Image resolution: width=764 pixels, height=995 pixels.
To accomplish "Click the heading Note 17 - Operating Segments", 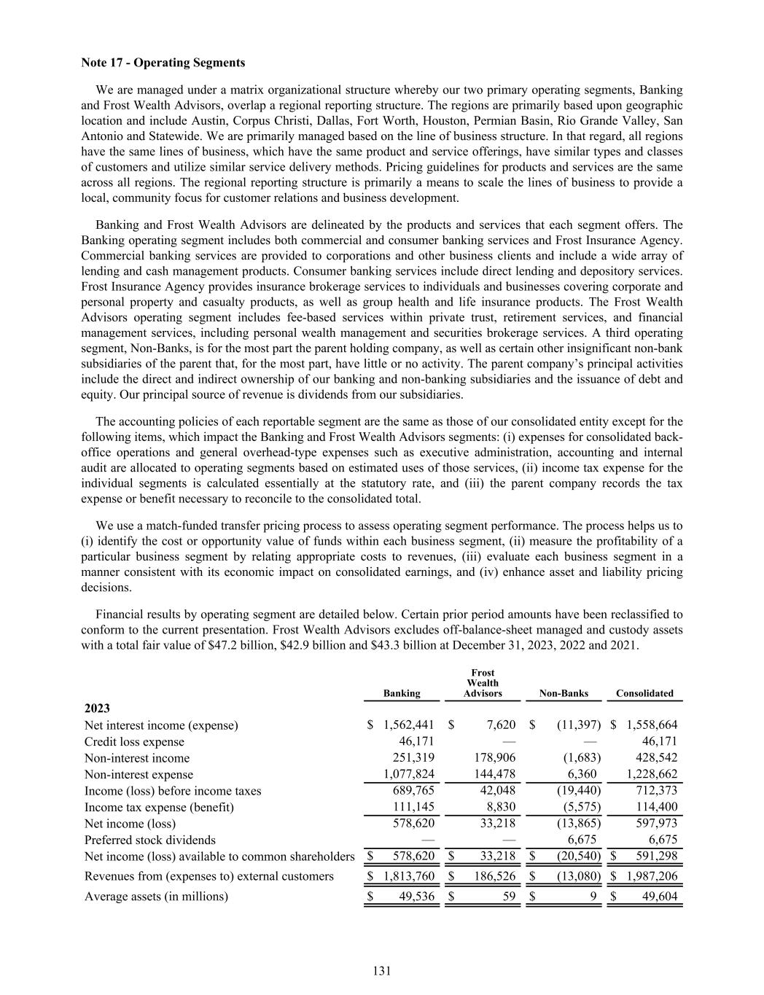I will tap(163, 62).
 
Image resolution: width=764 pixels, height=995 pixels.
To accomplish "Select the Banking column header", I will tap(402, 693).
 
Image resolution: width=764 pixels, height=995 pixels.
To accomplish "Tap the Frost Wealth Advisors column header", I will tap(483, 683).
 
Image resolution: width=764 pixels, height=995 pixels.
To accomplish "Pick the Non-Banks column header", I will tap(564, 693).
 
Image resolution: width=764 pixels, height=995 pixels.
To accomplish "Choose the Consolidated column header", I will tap(644, 693).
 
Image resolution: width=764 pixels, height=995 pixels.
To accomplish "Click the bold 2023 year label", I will tap(98, 708).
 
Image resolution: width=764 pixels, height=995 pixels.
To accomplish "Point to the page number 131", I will tap(382, 970).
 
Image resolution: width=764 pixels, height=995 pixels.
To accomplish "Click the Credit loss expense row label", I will tap(134, 741).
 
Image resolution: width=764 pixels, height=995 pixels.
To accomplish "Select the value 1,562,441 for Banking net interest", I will tap(408, 725).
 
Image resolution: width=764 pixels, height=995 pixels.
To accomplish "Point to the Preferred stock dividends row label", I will tap(150, 840).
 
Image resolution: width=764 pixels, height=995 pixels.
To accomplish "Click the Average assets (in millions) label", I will tap(156, 896).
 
